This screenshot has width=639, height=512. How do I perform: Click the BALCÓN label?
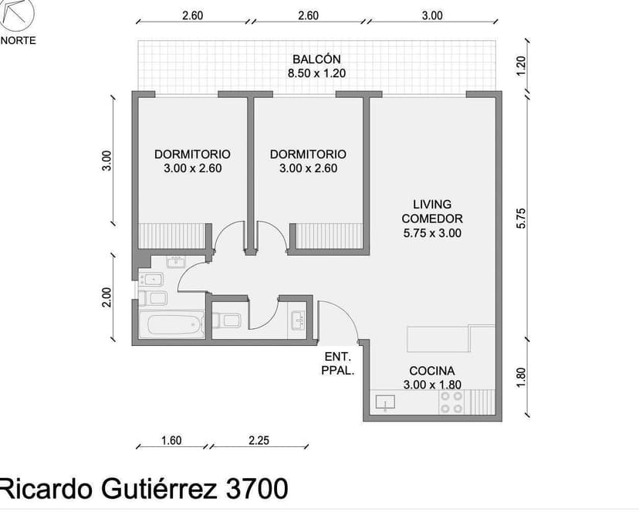coord(316,59)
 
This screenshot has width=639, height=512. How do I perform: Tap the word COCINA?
coord(431,371)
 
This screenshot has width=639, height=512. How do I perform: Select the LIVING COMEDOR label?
coord(432,218)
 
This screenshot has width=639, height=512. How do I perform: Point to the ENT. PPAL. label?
coord(338,364)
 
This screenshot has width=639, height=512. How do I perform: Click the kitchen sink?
coord(385,402)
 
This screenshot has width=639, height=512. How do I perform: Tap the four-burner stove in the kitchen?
coord(451,402)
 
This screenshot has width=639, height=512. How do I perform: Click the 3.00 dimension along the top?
coord(432,15)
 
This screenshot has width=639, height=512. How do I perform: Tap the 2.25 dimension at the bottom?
coord(259,441)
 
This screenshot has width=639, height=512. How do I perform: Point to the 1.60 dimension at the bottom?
coord(171,441)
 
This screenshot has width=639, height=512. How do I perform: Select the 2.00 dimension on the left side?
coord(107,297)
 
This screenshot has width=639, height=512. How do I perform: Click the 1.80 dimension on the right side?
coord(521,377)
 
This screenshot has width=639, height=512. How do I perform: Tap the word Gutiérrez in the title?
coord(157,488)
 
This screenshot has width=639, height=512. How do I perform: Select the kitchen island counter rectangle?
coord(438,338)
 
